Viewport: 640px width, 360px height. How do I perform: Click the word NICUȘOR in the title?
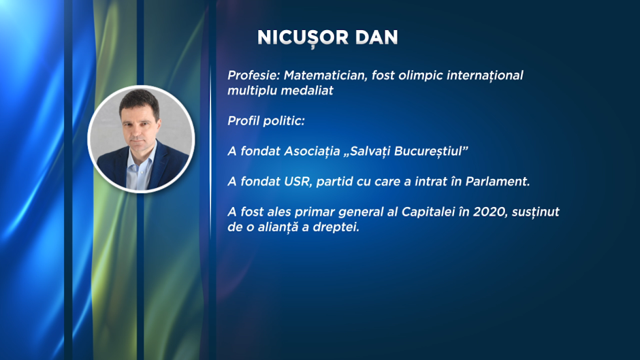tap(303, 38)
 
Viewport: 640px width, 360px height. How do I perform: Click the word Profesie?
tap(253, 76)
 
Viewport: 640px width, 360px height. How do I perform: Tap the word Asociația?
tap(312, 151)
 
